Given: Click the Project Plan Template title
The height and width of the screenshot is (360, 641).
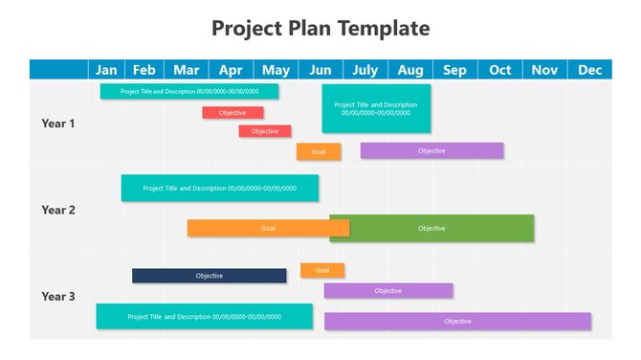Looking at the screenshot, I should tap(320, 28).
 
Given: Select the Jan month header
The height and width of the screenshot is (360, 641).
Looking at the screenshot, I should tap(107, 69).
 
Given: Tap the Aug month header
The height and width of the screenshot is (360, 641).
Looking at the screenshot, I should tap(410, 69).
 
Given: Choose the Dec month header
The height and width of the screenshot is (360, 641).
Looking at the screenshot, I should tap(589, 69).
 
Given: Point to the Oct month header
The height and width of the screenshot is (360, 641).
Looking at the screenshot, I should tap(500, 69).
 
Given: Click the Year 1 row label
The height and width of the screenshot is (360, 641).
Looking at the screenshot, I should tap(58, 124).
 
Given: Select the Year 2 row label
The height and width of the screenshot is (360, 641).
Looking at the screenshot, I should tap(58, 210).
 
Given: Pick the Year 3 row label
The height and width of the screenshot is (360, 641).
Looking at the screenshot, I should tap(58, 296).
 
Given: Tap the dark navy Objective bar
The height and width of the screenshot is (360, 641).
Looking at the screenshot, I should tap(209, 276).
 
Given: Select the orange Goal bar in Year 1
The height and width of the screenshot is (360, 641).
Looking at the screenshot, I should tap(319, 151).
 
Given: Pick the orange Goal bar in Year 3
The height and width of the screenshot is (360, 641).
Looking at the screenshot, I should tap(322, 270).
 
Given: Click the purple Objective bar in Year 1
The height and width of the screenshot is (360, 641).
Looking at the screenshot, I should tap(431, 150).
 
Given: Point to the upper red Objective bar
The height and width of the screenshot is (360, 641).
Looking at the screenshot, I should tap(232, 113).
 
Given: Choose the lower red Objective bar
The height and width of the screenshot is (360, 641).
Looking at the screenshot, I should tap(265, 131).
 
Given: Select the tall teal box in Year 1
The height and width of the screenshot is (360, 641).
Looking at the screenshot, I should tap(376, 108).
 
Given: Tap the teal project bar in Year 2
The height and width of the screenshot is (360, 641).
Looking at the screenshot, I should tap(219, 188).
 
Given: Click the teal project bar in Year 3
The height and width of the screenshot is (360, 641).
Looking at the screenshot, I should tap(204, 316).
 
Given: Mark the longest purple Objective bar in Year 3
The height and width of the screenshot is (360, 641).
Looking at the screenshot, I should tap(457, 321).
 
